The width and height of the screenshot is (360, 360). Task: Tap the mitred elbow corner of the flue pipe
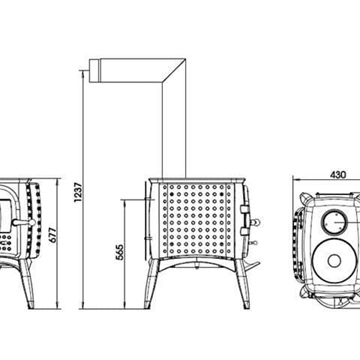coord(175,72)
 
